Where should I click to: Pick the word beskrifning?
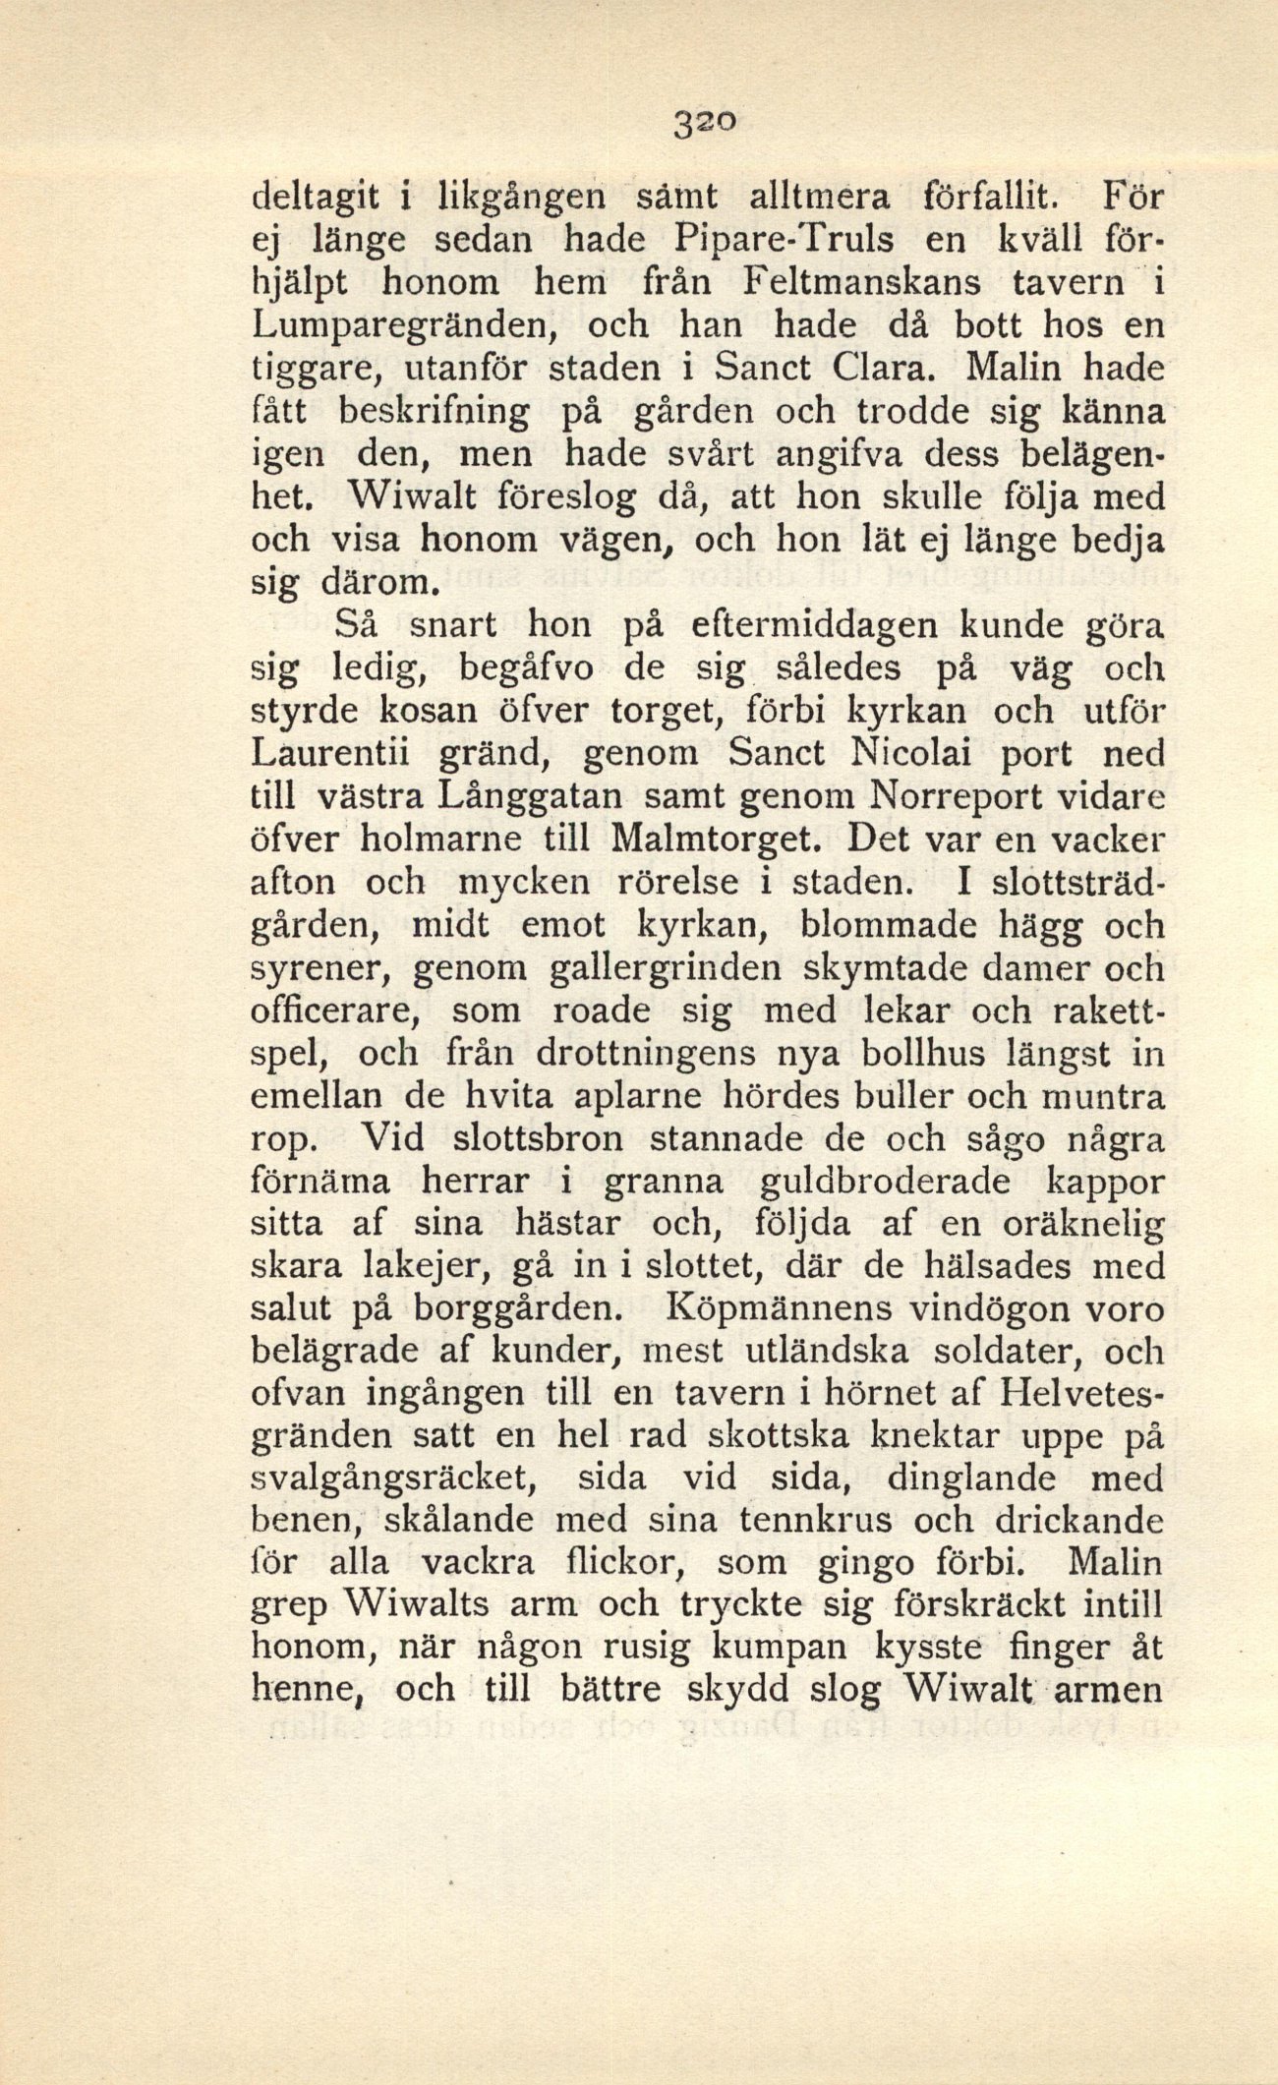click(x=434, y=414)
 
